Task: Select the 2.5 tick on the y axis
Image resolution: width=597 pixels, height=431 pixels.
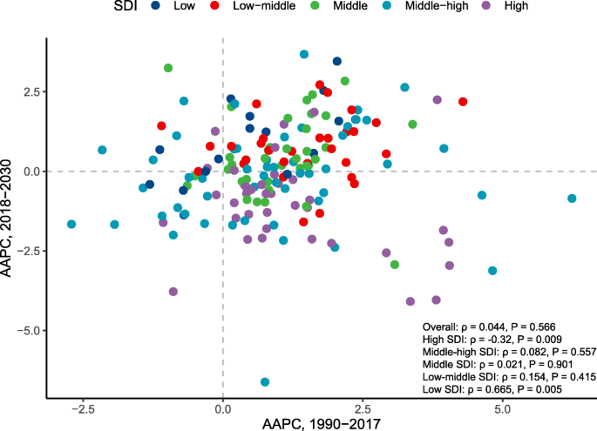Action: click(30, 91)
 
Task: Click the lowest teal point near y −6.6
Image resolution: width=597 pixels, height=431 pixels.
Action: click(265, 382)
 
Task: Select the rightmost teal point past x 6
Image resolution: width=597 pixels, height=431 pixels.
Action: click(572, 199)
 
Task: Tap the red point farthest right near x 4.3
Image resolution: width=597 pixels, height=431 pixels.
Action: click(463, 102)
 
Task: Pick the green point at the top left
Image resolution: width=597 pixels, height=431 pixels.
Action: click(168, 68)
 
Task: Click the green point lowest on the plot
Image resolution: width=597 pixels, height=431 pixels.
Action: click(395, 265)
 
